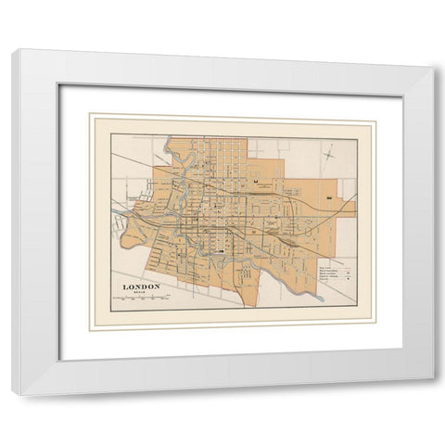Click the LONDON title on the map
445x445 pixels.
point(141,286)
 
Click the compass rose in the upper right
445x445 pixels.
point(329,156)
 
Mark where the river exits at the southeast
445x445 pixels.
point(319,299)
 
